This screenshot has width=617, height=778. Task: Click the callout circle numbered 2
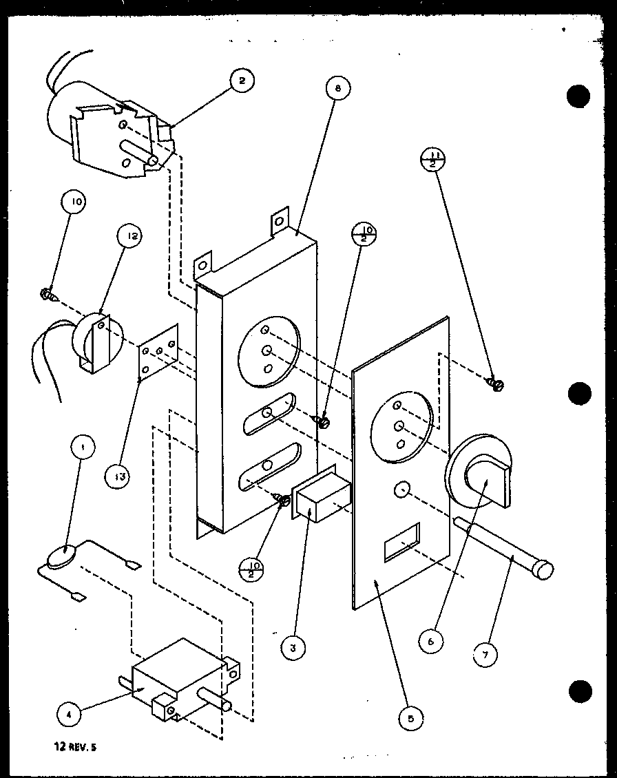coord(241,81)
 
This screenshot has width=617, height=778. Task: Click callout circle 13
coord(118,475)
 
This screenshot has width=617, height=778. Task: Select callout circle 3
coord(293,647)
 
